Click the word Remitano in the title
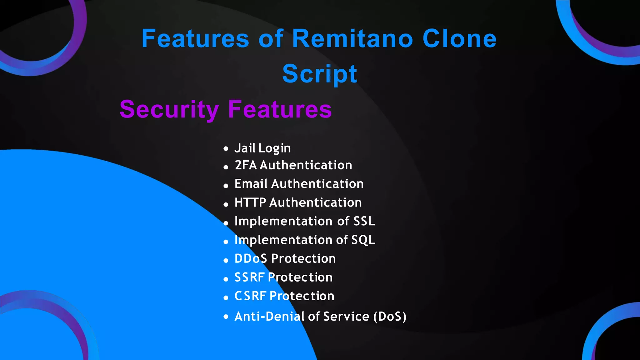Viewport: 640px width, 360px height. [x=352, y=39]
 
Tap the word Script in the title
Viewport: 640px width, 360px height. [x=319, y=74]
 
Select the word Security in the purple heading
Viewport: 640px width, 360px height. [x=169, y=109]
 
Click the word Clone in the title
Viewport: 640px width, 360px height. [x=459, y=39]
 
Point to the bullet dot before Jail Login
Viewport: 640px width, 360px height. [x=226, y=149]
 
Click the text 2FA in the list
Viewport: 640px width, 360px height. [x=246, y=165]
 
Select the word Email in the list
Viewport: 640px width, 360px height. [x=251, y=184]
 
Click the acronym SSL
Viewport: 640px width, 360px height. [x=364, y=221]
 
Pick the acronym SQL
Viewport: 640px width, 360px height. [x=363, y=240]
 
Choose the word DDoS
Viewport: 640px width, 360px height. [x=251, y=259]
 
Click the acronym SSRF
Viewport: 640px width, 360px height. [x=249, y=277]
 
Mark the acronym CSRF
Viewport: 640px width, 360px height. [x=250, y=296]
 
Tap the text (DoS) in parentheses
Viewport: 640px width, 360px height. [x=390, y=317]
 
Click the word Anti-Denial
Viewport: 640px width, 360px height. [x=270, y=317]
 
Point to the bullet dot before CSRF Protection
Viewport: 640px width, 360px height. [x=226, y=298]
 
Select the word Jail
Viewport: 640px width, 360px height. [x=245, y=148]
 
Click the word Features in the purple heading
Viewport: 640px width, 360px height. [x=280, y=109]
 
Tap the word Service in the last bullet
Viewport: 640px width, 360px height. [x=346, y=317]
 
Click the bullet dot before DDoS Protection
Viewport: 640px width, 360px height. [x=226, y=260]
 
